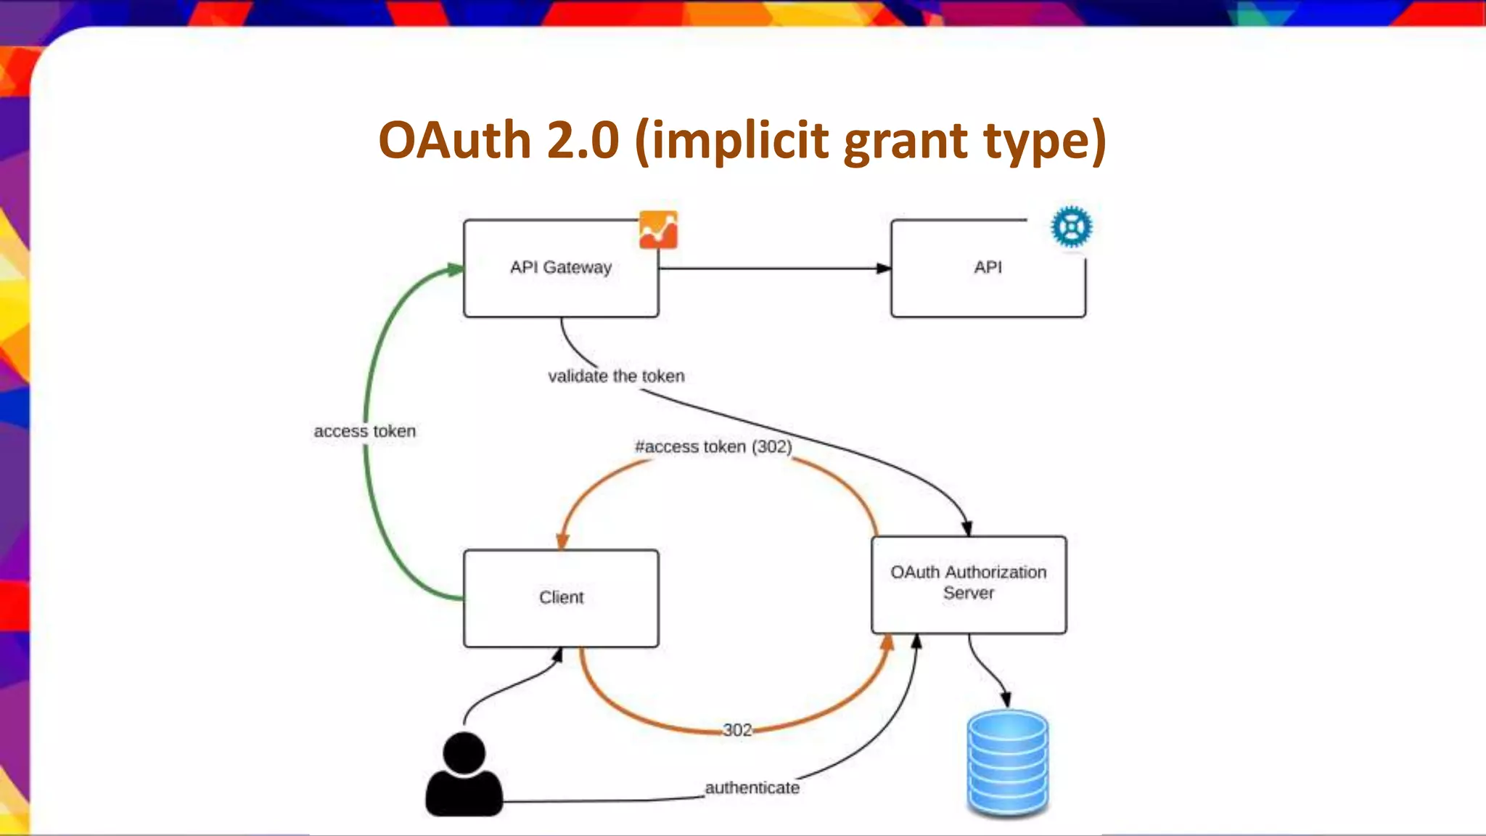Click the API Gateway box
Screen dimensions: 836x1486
click(561, 269)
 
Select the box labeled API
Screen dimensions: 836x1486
click(988, 269)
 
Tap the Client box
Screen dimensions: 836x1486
click(561, 598)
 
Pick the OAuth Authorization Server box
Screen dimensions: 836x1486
click(969, 584)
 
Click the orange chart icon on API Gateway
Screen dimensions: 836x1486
click(658, 230)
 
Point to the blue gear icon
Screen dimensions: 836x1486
click(1071, 227)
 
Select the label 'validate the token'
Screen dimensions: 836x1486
click(616, 376)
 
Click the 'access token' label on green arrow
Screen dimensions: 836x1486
click(364, 431)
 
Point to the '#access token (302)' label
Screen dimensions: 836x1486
click(713, 446)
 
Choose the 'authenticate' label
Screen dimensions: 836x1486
click(752, 787)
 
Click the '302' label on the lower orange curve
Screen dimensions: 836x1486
click(737, 730)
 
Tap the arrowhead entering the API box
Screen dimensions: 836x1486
click(883, 269)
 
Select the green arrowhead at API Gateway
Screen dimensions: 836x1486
click(455, 270)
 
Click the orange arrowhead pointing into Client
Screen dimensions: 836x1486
click(562, 541)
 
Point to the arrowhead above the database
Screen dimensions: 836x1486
click(1006, 699)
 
